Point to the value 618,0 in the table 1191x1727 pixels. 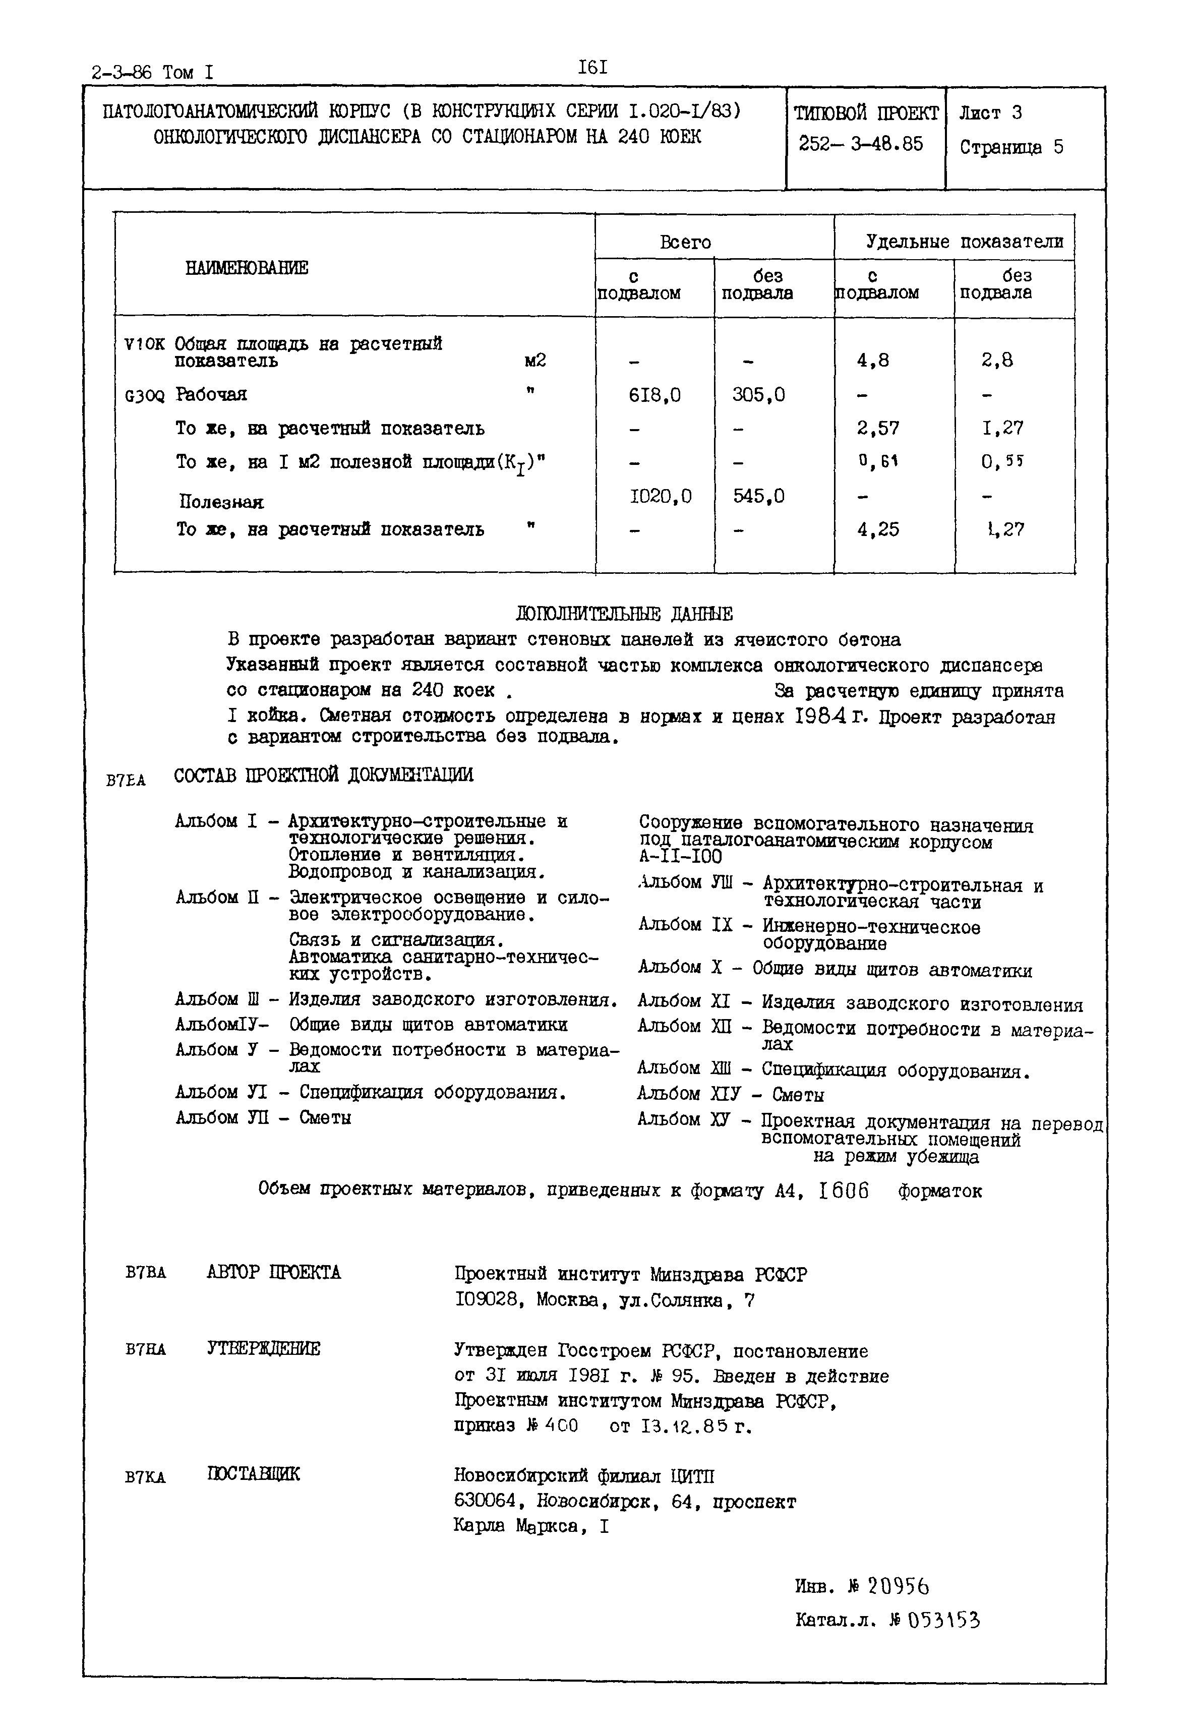point(655,395)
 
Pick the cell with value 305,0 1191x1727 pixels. point(758,395)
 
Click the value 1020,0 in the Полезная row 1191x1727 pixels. point(661,496)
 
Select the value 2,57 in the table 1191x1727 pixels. point(878,429)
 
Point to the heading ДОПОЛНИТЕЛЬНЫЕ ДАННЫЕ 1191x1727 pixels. point(624,614)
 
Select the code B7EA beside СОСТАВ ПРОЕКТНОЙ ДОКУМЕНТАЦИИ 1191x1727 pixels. point(126,781)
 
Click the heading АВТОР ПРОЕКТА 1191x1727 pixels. point(273,1273)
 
